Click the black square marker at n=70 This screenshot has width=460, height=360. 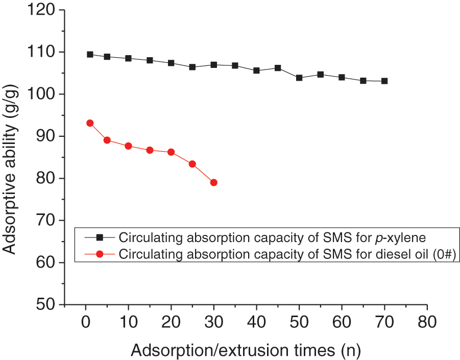384,81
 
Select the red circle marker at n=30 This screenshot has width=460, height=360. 214,183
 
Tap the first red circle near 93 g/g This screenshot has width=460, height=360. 90,123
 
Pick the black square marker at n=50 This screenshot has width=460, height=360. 299,78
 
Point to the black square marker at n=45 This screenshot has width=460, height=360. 278,68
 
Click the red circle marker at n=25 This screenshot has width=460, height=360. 192,164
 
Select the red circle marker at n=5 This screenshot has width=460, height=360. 107,140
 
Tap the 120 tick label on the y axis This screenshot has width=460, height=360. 43,10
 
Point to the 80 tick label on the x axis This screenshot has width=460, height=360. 427,324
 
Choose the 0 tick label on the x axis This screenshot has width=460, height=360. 86,324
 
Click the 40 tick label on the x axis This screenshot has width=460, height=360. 256,324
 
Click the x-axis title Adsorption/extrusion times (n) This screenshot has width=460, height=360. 246,350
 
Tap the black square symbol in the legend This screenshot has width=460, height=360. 100,237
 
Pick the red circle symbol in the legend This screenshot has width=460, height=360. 100,254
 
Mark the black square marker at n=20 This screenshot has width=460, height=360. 171,63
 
